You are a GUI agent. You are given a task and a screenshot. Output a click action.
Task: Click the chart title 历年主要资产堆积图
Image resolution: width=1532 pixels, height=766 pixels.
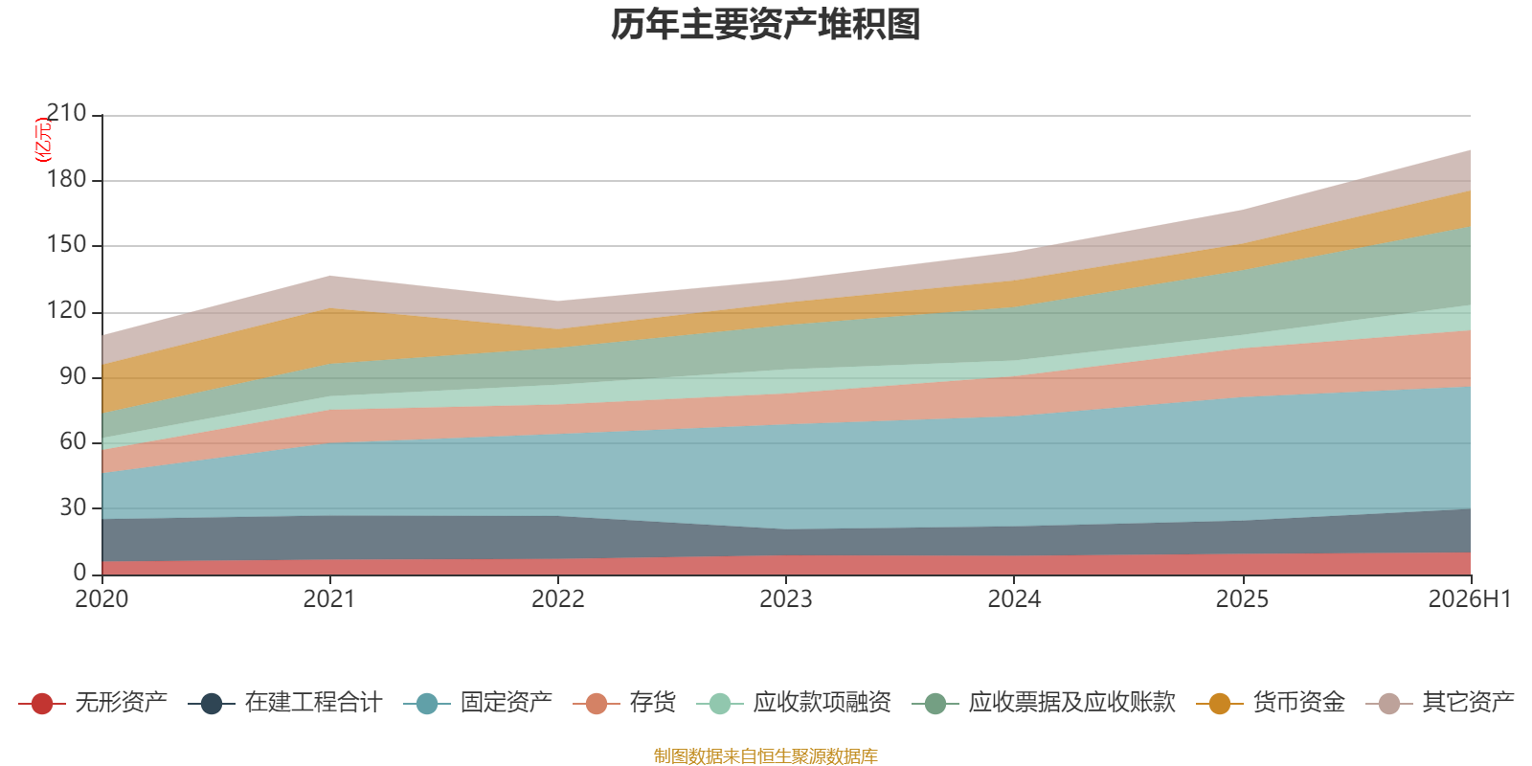pos(765,25)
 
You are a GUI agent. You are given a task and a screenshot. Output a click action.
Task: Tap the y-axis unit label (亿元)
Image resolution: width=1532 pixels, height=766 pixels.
pos(42,140)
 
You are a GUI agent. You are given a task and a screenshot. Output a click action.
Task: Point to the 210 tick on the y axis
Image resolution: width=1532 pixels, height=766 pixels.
pos(66,114)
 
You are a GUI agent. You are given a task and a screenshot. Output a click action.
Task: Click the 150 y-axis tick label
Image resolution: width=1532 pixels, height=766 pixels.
pos(66,245)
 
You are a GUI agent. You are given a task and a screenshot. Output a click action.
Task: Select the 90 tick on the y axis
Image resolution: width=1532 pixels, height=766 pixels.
pos(73,377)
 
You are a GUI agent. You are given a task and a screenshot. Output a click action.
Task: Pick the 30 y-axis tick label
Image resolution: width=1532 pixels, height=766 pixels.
pos(73,508)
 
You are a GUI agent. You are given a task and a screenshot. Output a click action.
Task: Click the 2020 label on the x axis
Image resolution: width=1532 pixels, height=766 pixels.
pos(101,599)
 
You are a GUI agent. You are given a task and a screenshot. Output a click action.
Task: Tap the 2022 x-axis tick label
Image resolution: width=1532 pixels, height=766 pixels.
pos(558,599)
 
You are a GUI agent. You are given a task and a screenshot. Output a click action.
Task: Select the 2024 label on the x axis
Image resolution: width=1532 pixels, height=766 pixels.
pos(1014,599)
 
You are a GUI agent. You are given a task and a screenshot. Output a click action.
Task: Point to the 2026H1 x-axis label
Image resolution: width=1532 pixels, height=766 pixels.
pos(1470,599)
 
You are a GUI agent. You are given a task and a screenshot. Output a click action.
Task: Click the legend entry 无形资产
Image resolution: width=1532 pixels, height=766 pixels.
pos(121,703)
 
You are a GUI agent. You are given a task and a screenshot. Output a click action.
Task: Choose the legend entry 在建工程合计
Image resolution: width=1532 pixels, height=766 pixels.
pos(314,703)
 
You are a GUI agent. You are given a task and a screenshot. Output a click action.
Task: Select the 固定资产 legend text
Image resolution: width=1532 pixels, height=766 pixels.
pos(507,703)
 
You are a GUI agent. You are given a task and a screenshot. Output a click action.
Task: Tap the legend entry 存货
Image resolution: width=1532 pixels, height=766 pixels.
pos(652,703)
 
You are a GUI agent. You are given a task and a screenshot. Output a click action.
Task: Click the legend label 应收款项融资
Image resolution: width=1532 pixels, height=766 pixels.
pos(822,703)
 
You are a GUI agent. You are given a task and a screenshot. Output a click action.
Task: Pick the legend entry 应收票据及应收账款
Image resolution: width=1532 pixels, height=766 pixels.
pos(1071,703)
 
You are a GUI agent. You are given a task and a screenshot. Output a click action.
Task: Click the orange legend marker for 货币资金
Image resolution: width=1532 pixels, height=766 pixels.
pos(1220,703)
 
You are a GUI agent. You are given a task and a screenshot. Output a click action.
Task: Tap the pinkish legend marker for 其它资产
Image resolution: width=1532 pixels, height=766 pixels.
pos(1389,703)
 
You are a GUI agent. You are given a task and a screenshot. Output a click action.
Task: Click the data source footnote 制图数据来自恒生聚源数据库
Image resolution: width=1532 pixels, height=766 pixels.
pos(765,755)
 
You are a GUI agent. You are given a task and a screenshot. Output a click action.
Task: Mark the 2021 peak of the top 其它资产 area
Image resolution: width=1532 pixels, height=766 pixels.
pos(330,277)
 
